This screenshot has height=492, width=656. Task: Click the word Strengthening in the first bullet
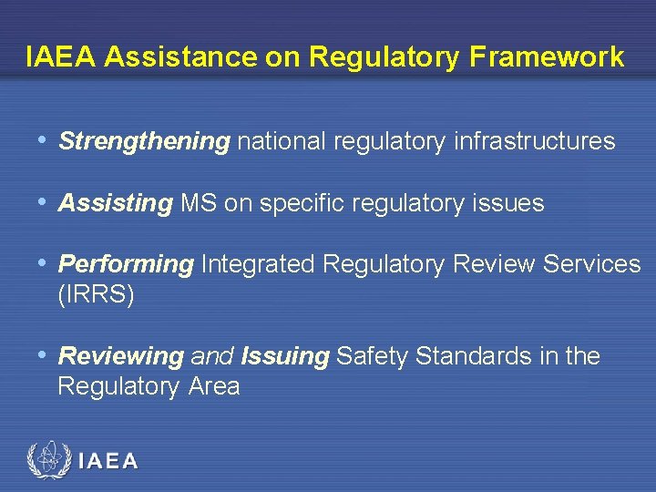pyautogui.click(x=144, y=141)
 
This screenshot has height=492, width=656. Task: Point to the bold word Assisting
pyautogui.click(x=115, y=203)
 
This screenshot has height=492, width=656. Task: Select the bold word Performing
pyautogui.click(x=126, y=265)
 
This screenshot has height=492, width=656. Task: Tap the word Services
pyautogui.click(x=591, y=265)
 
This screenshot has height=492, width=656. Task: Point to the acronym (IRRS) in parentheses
pyautogui.click(x=96, y=296)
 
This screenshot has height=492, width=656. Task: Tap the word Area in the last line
pyautogui.click(x=214, y=387)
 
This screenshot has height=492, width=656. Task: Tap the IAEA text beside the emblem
pyautogui.click(x=108, y=461)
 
